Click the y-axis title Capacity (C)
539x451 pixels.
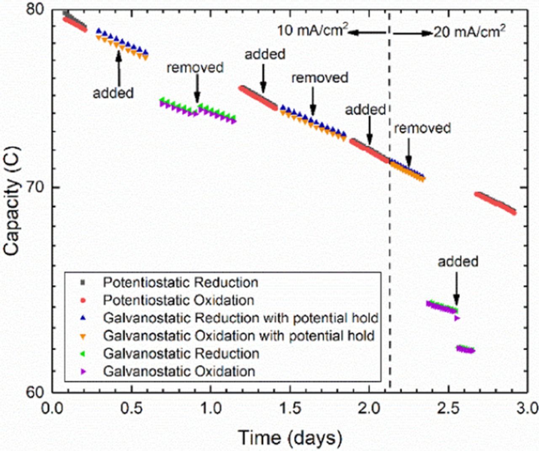click(12, 201)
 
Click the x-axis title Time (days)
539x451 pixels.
click(290, 438)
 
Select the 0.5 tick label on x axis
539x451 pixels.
click(132, 408)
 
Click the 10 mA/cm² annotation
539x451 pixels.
click(312, 30)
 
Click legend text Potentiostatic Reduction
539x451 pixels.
click(180, 282)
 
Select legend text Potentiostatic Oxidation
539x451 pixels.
click(179, 300)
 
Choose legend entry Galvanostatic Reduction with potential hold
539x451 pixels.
click(240, 318)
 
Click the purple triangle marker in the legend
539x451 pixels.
click(83, 372)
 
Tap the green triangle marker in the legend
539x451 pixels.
click(83, 354)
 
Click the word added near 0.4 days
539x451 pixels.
click(113, 93)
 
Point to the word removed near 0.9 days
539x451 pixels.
click(195, 67)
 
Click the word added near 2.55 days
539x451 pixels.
click(458, 262)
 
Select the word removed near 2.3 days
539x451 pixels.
click(422, 128)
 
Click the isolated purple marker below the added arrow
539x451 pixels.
click(457, 318)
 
